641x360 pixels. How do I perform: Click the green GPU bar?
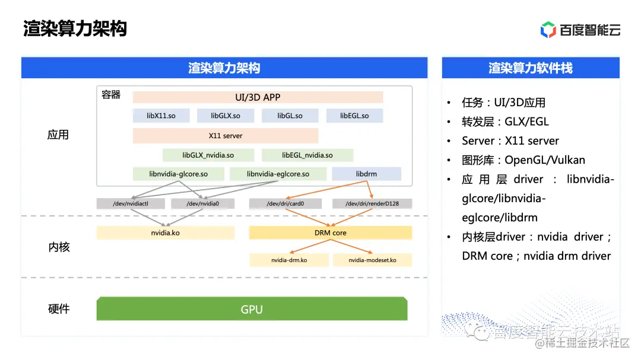pos(252,309)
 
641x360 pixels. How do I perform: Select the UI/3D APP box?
pos(258,97)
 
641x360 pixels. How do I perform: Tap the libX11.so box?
pos(161,116)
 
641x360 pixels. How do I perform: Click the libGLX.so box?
pos(226,116)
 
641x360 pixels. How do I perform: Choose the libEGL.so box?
pos(354,116)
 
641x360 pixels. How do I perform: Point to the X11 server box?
pos(226,136)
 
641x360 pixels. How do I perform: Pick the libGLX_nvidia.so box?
pos(208,155)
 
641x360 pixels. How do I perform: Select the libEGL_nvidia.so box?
pos(307,155)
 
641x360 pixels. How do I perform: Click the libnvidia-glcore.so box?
pos(179,174)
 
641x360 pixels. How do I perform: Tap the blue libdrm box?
pos(366,174)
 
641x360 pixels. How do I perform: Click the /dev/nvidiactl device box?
pos(131,203)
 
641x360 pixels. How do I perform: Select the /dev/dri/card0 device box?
pos(285,203)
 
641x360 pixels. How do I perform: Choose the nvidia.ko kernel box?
pos(166,233)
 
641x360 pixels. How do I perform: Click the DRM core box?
pos(331,233)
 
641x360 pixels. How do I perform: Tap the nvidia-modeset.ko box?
pos(372,260)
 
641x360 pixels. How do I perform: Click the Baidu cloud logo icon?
pos(548,29)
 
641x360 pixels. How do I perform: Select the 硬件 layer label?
pos(59,309)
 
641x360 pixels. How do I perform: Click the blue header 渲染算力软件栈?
pos(531,68)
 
